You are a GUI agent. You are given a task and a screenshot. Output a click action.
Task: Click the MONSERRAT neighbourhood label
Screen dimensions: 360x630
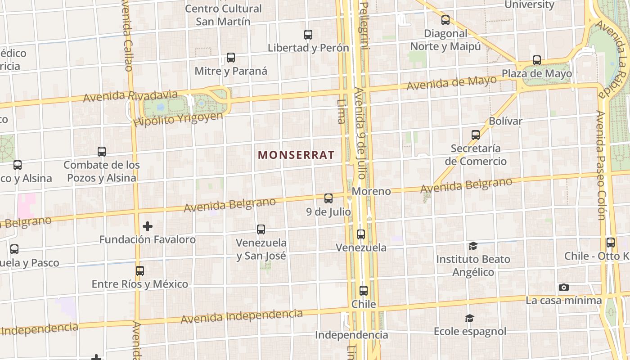296,155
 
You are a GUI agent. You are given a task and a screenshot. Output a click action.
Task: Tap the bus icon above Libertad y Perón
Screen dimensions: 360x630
308,34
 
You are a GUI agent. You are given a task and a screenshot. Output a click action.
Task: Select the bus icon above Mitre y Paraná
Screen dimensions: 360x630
231,58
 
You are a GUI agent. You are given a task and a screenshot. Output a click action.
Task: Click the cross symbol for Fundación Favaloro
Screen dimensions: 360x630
148,226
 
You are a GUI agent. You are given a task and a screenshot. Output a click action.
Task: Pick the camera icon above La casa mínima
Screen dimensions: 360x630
563,287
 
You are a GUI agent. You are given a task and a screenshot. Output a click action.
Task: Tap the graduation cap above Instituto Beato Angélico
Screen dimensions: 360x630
473,246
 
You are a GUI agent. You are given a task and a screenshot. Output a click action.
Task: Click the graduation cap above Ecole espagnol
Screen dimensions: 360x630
469,318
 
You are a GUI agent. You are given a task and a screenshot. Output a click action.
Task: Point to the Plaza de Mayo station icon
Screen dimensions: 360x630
537,60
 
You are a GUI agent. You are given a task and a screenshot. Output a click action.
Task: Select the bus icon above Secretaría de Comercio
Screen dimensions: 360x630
476,135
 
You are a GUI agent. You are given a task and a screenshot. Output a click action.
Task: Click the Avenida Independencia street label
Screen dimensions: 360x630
242,316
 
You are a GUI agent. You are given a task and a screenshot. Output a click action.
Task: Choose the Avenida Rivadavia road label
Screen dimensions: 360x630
130,96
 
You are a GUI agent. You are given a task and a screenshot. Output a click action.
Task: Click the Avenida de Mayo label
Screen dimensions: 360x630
452,83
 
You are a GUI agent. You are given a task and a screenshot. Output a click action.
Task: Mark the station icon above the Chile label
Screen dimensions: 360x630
364,291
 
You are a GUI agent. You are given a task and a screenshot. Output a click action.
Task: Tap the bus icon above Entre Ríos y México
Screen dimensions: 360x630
140,270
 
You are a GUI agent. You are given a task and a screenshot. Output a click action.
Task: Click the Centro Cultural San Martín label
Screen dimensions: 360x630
223,15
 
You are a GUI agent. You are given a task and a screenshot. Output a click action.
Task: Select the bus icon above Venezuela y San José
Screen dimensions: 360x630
261,229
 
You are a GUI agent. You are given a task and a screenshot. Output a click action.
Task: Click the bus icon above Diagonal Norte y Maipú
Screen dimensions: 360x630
445,20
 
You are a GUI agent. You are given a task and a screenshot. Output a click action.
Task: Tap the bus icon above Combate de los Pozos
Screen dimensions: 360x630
102,152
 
